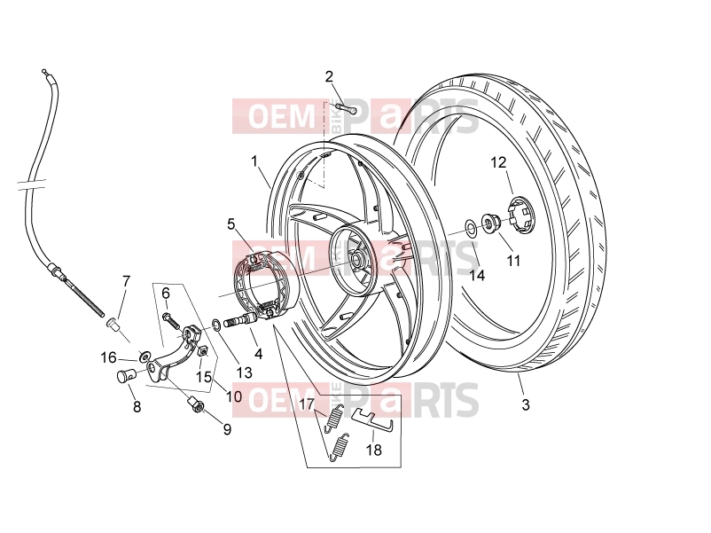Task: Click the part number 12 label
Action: click(498, 162)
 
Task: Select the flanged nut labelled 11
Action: click(490, 223)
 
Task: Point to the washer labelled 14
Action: click(471, 228)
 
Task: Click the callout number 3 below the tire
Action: click(526, 404)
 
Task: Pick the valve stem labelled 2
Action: click(347, 109)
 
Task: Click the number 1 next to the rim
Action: click(254, 161)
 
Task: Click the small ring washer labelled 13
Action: click(216, 325)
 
